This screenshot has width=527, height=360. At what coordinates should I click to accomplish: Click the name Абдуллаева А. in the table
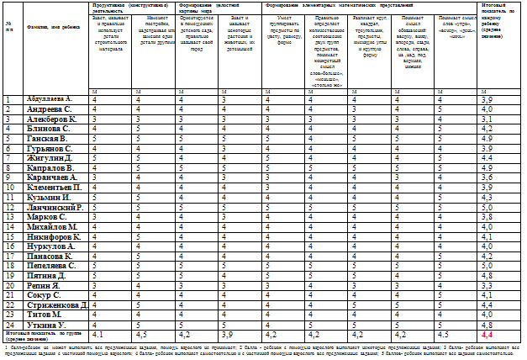49,100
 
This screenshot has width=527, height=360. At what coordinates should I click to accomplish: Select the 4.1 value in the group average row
110,335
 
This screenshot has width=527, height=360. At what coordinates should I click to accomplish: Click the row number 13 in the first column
8,216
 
